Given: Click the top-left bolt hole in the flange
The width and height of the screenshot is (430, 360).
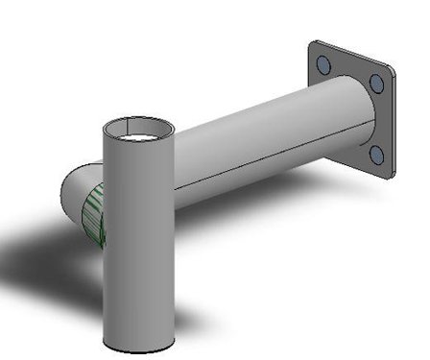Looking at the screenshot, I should [323, 64].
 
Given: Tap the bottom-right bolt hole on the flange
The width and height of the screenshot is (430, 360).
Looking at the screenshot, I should [376, 154].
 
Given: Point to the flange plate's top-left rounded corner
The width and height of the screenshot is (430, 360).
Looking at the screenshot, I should [313, 45].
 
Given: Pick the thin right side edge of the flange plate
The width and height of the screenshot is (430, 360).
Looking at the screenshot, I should [394, 125].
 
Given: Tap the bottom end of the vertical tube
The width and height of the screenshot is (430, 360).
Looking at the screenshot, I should [138, 348].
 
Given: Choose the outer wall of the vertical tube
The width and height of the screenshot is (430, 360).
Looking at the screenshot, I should [138, 250].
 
